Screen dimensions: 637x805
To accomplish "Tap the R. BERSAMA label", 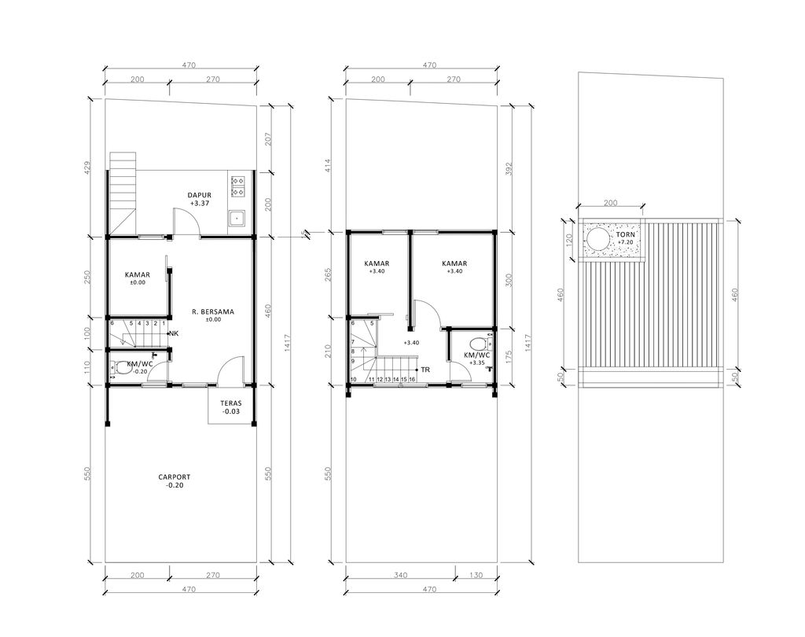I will click(213, 311).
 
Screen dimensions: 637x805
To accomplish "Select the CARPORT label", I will click(175, 477).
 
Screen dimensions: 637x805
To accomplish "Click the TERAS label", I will click(231, 403).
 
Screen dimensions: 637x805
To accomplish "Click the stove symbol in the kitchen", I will click(237, 185).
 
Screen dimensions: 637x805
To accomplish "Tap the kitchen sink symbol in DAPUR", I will click(235, 217).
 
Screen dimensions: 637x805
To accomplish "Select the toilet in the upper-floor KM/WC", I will click(476, 343).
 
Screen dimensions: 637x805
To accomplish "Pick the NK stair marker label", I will click(173, 334).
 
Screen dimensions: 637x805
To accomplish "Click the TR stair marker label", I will click(425, 369).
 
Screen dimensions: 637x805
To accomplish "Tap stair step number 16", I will click(413, 380).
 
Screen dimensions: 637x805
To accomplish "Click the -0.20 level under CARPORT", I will click(175, 485).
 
